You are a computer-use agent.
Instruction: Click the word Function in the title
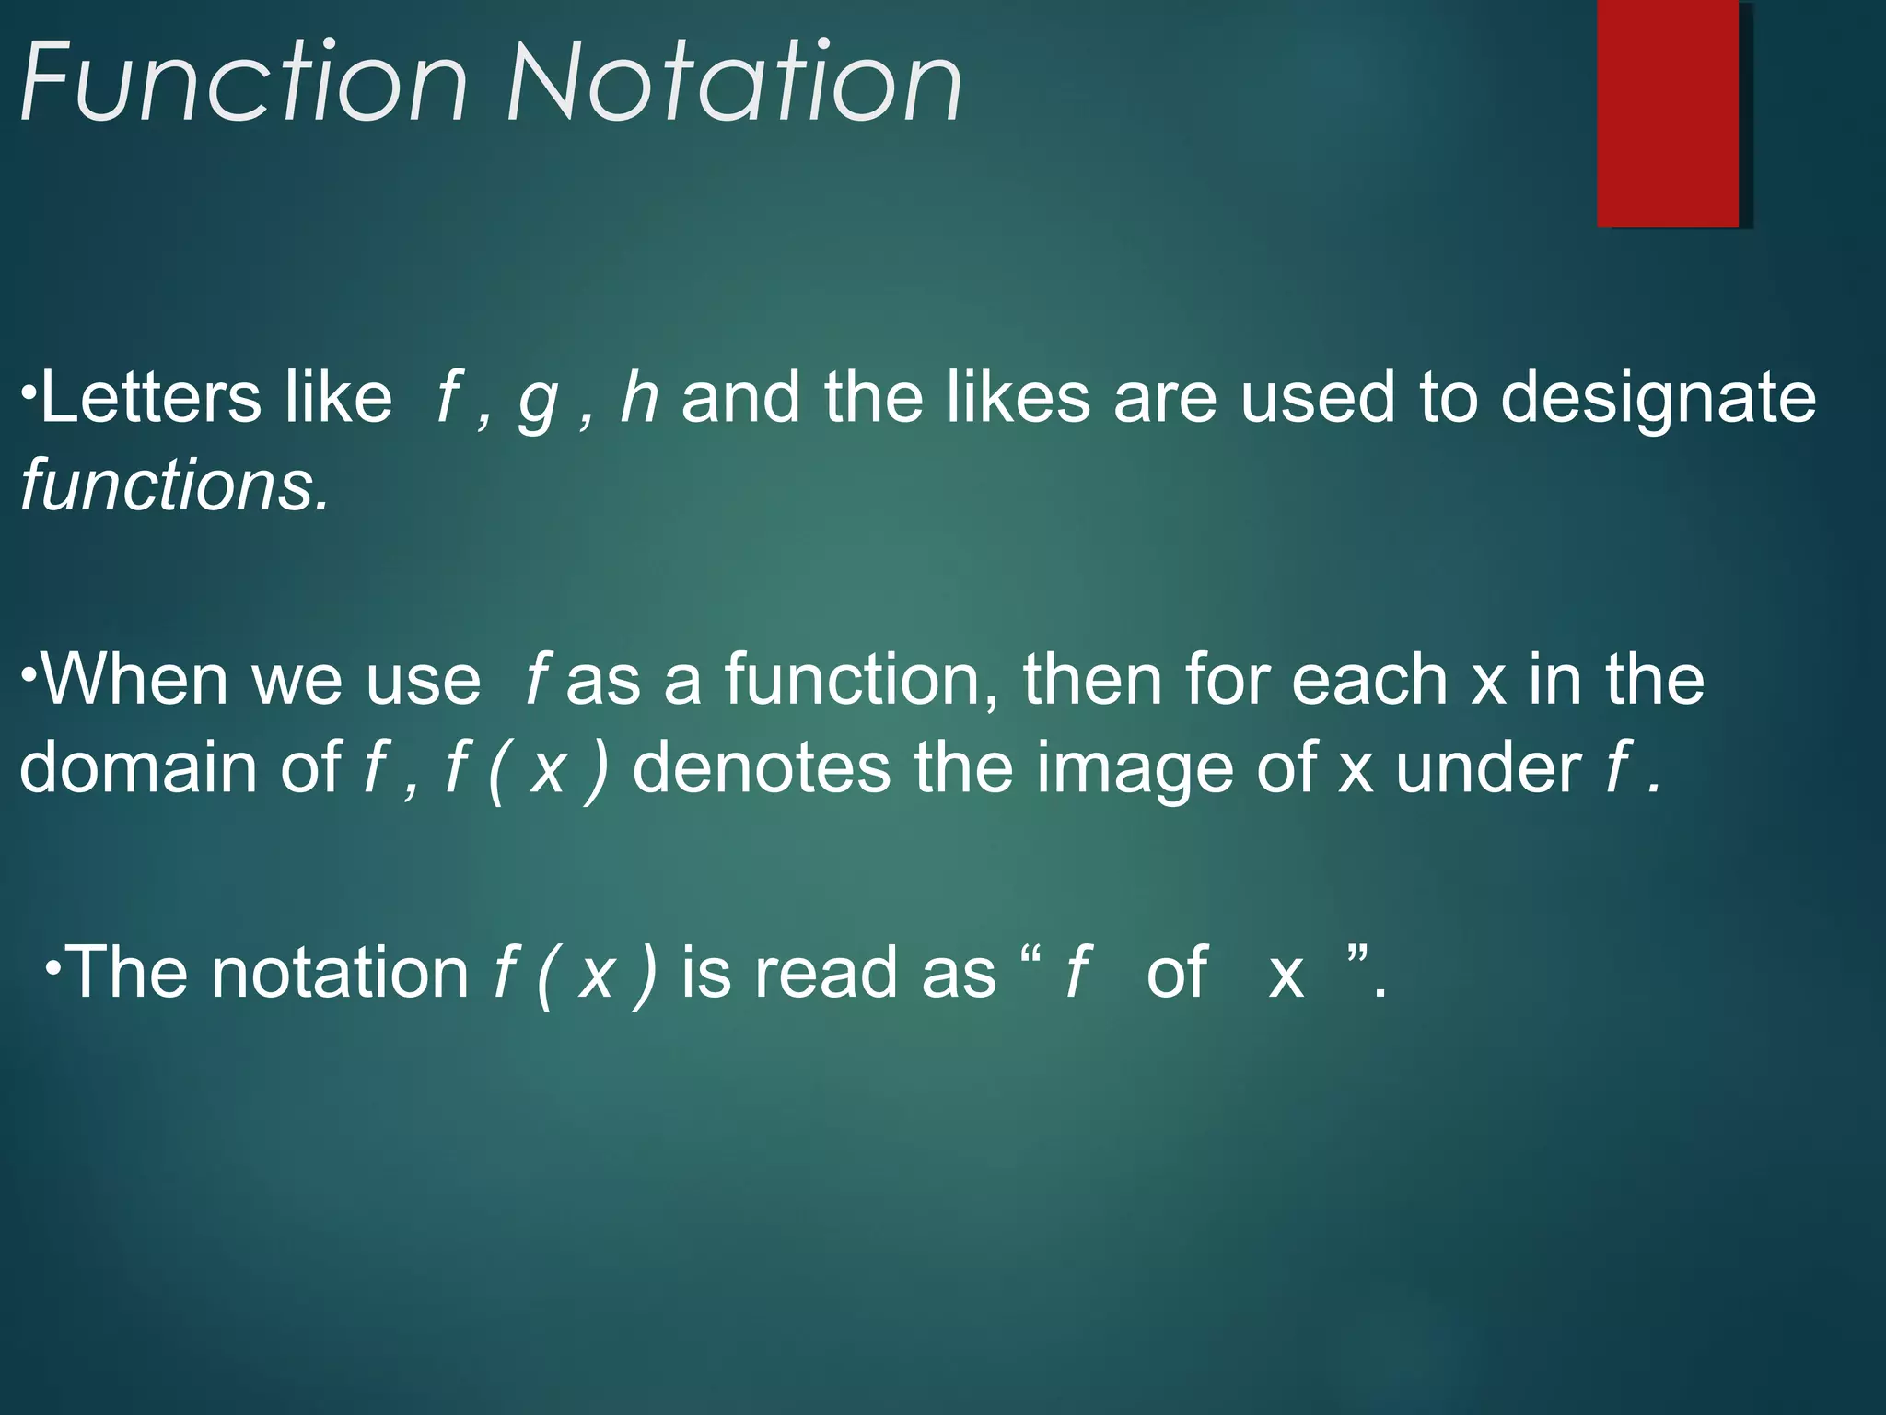[244, 83]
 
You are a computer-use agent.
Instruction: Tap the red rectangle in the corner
[1668, 113]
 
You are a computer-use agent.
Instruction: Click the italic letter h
[639, 398]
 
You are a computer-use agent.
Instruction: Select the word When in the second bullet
[134, 679]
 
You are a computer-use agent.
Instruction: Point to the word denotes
[761, 767]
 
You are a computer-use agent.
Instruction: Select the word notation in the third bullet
[340, 973]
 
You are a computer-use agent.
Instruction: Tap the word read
[829, 973]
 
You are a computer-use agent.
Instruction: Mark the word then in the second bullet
[1092, 679]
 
